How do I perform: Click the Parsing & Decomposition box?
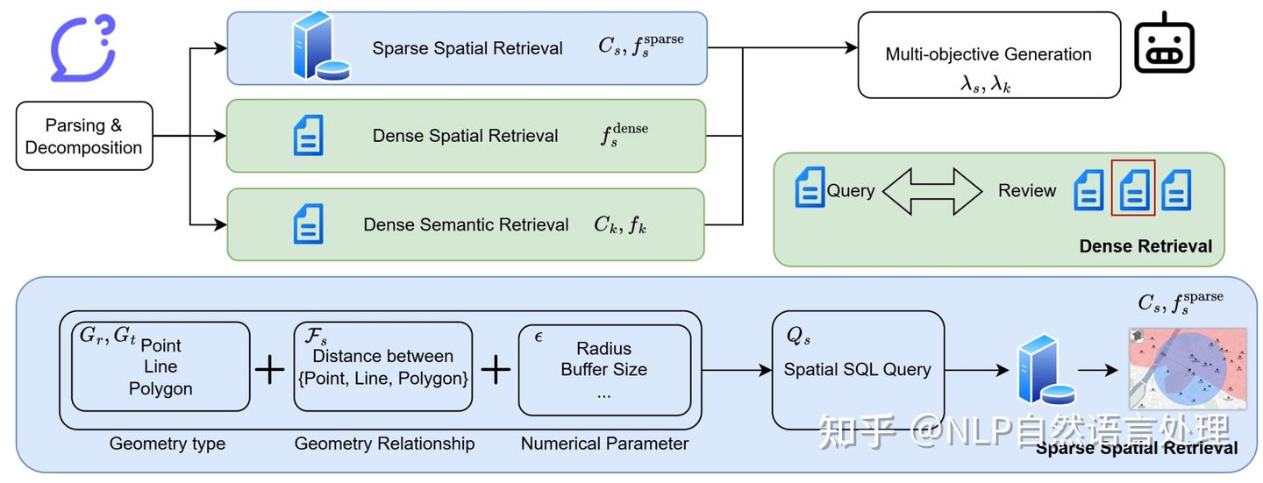(84, 136)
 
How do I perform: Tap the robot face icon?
(1164, 45)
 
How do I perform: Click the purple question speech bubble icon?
(82, 48)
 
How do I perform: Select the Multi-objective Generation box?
(988, 55)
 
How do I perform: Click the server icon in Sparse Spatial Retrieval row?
(319, 46)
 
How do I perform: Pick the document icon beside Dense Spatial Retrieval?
(309, 135)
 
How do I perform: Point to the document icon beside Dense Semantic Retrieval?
(309, 224)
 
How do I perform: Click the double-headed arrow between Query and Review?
(931, 190)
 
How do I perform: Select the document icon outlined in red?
(1132, 188)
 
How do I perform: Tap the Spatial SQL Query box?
(857, 369)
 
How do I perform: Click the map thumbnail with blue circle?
(1188, 368)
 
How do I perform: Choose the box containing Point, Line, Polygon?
(161, 366)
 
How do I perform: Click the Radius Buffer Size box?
(604, 370)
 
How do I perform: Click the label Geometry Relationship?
(384, 444)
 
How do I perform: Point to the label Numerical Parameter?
(604, 444)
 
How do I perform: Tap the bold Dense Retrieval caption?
(1145, 246)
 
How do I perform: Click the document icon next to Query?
(810, 188)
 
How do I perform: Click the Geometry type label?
(167, 444)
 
